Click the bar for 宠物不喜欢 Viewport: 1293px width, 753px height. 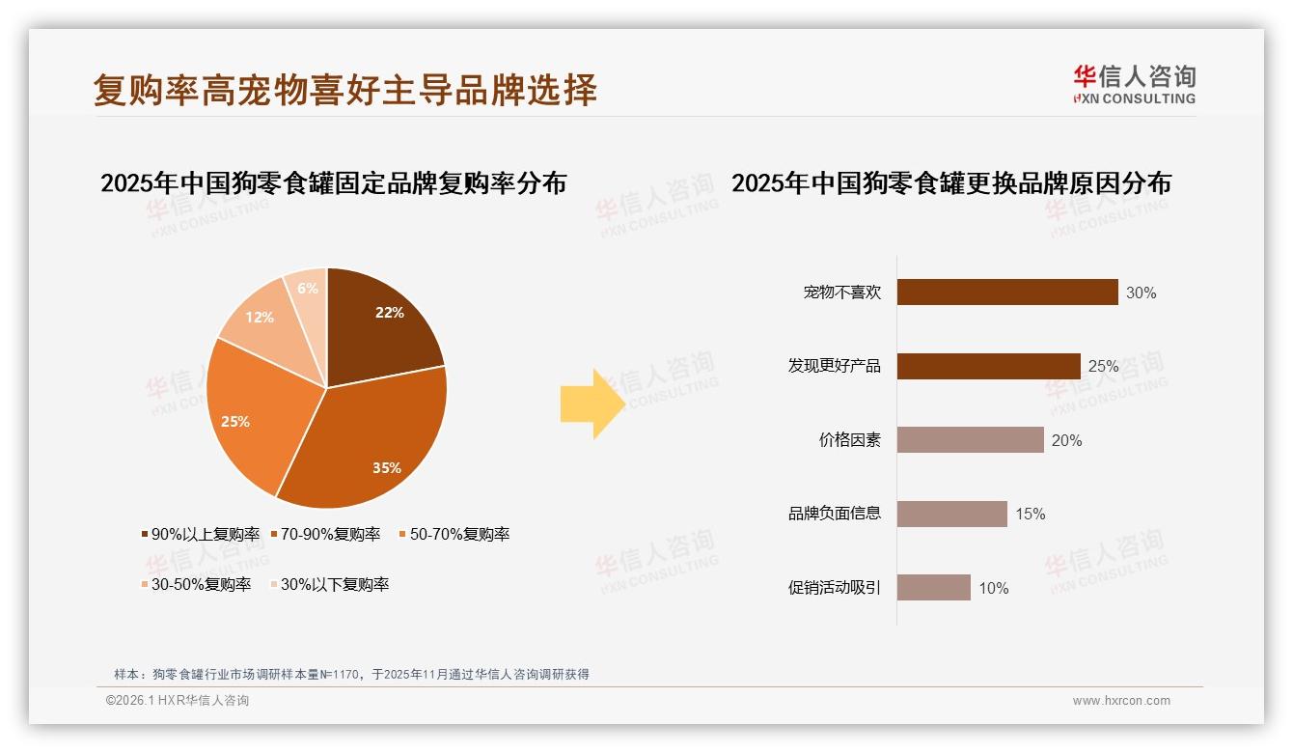tap(1006, 293)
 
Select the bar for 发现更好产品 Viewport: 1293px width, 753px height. tap(988, 366)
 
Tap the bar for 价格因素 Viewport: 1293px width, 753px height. tap(970, 440)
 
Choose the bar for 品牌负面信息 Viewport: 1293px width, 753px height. tap(951, 514)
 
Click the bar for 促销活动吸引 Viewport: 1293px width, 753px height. tap(933, 588)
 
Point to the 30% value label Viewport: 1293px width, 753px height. tap(1141, 293)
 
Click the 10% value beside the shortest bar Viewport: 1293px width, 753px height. tap(994, 588)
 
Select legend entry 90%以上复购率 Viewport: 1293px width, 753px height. tap(200, 534)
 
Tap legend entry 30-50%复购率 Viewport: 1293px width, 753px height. tap(195, 584)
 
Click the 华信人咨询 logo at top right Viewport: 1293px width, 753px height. tap(1134, 84)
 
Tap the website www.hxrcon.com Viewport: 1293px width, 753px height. tap(1121, 701)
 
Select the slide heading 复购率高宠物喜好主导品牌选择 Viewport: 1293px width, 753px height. tap(345, 90)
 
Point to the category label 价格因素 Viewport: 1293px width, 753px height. tap(849, 440)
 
